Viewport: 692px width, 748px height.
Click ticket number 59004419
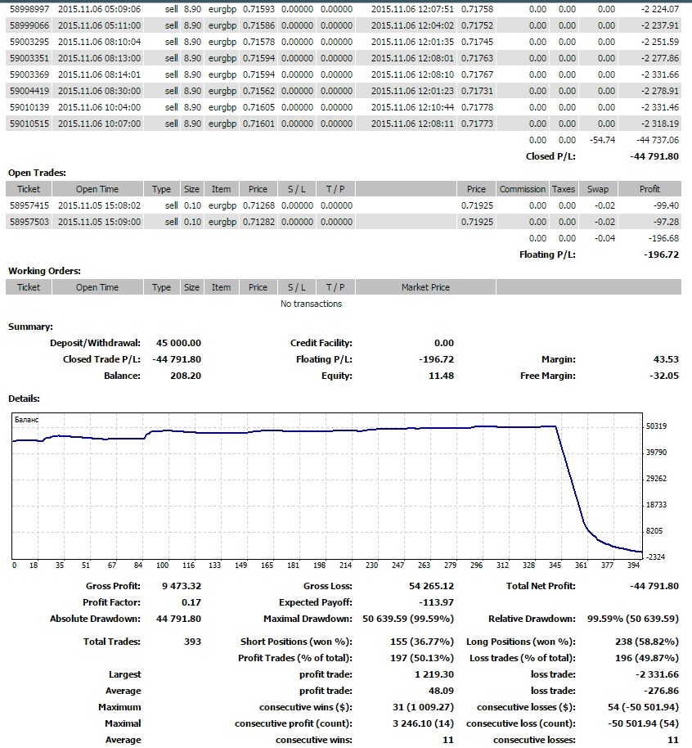coord(29,91)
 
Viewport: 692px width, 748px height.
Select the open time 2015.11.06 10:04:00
coord(99,107)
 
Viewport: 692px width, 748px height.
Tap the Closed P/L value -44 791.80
coord(654,156)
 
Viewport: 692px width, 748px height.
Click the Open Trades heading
coord(37,173)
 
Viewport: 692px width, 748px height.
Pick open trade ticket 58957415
coord(29,205)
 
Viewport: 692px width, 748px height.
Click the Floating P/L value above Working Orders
coord(661,255)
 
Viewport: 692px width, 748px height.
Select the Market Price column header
coord(425,287)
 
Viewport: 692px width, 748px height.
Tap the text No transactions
coord(311,304)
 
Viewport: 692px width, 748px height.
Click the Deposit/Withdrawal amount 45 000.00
coord(178,343)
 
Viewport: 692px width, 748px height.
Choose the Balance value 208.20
coord(186,376)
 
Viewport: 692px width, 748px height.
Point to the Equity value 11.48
coord(441,376)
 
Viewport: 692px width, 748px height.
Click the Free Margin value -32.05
coord(664,376)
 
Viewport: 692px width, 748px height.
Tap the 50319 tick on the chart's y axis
coord(656,426)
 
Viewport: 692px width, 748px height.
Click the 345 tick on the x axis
coord(555,566)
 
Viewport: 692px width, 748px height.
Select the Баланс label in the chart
coord(27,420)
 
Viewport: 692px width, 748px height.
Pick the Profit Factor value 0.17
coord(191,602)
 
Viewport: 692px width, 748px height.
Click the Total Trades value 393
coord(193,642)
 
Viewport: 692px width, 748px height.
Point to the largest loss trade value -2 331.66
coord(657,674)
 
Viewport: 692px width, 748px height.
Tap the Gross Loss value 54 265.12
coord(431,586)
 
